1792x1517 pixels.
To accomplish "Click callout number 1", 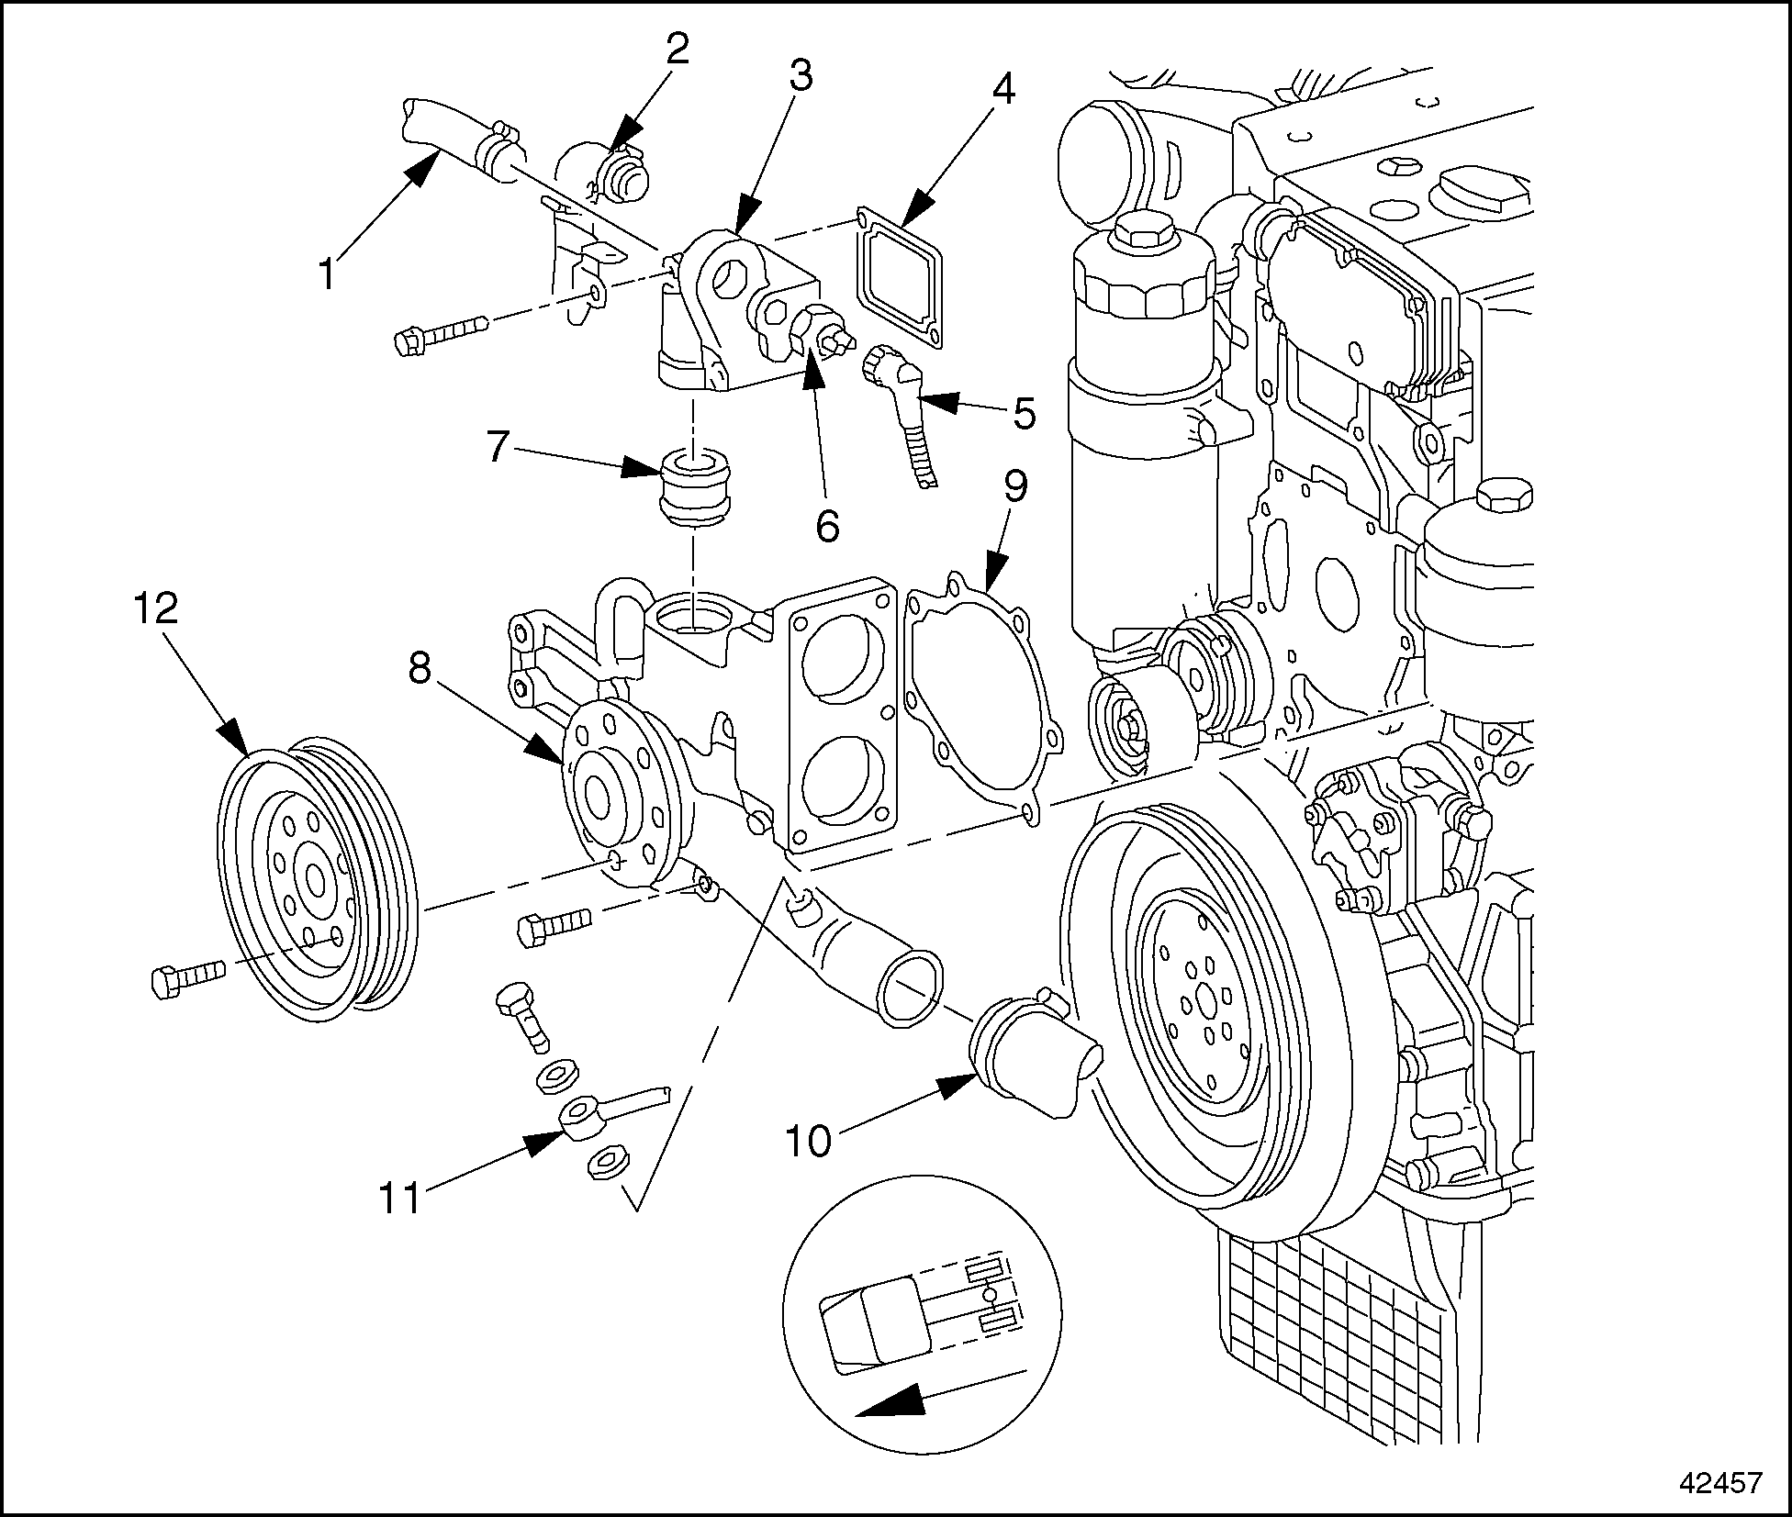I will coord(327,273).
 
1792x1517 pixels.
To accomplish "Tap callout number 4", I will coord(1003,89).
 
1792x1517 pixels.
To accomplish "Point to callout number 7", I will coord(497,447).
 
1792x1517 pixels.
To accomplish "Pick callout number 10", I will coord(807,1141).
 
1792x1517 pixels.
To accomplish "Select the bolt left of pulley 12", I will coord(185,977).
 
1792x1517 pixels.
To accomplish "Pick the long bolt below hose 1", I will coord(441,332).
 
